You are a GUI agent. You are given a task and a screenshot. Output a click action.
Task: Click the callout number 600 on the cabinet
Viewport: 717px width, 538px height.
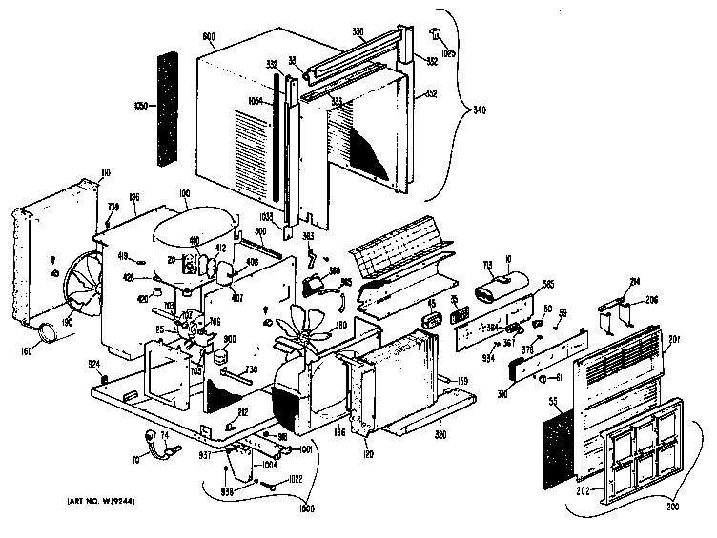coord(208,39)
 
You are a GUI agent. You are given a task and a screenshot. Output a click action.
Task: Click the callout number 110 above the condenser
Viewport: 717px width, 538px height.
coord(105,172)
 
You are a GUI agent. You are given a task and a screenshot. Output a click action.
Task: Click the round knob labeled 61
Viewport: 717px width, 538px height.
coord(544,381)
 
